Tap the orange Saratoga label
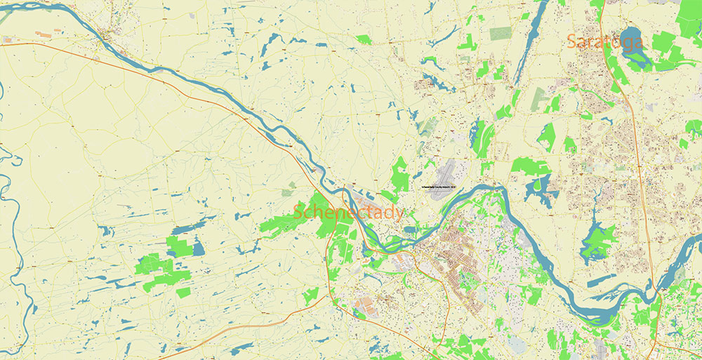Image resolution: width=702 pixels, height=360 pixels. (x=604, y=42)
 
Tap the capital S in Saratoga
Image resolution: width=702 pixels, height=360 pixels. (x=573, y=42)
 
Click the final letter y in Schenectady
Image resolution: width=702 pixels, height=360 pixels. (x=399, y=213)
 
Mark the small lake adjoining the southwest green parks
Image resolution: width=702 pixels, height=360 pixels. (x=197, y=248)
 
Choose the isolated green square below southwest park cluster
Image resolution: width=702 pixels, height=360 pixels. (x=183, y=292)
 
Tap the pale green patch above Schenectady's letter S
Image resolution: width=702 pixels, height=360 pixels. (x=289, y=188)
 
